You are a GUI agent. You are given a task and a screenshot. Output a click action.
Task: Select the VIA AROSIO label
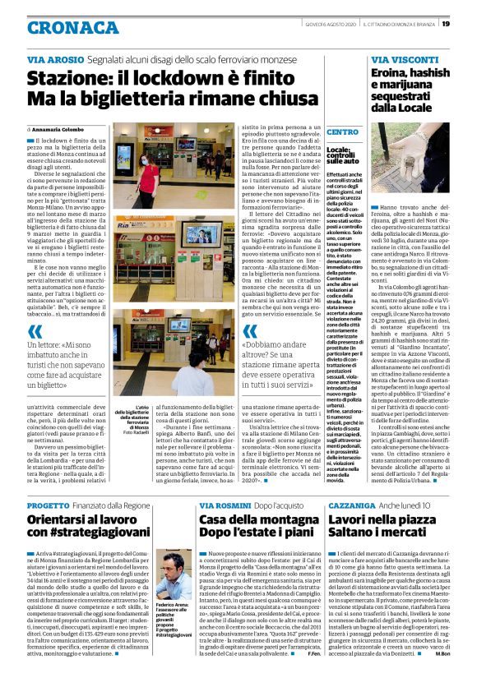point(53,60)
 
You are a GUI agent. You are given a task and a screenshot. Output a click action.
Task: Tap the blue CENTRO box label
point(342,131)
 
